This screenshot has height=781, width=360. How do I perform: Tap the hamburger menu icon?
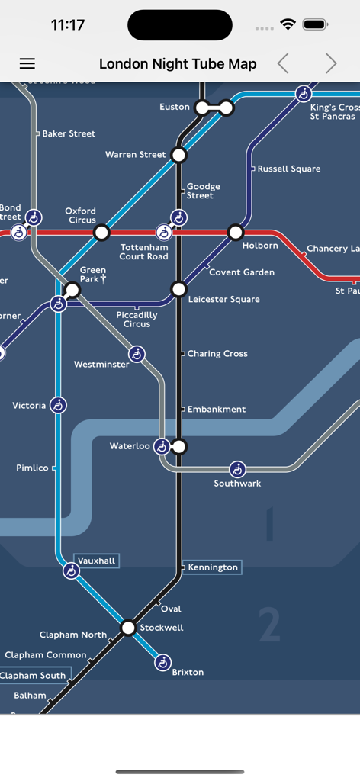point(27,64)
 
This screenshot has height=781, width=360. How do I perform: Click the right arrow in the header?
point(330,64)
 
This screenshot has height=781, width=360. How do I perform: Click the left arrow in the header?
point(283,64)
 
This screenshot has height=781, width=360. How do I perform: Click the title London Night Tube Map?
point(178,64)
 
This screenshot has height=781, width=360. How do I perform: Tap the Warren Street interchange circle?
point(179,155)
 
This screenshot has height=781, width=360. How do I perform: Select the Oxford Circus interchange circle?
point(101,232)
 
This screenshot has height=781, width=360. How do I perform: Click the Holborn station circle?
point(236,232)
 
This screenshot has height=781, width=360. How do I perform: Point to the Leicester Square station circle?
point(179,289)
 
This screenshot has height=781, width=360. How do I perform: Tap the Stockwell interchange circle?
point(128,628)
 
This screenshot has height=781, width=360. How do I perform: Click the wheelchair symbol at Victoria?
point(59,405)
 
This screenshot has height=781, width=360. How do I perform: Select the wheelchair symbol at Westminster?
point(137,354)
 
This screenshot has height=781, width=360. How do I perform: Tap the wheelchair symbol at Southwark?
point(237,469)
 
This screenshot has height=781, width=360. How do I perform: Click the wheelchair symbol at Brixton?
point(162,663)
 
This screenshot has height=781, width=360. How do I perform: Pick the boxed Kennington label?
point(213,567)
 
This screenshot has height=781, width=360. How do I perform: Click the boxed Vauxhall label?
point(96,561)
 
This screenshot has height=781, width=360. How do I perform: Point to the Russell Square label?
point(289,169)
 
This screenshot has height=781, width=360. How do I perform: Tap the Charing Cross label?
point(217,354)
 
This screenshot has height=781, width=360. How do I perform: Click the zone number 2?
point(269,624)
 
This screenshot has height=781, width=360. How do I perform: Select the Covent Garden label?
point(242,272)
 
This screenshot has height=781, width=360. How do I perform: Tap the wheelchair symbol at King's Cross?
point(304,94)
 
